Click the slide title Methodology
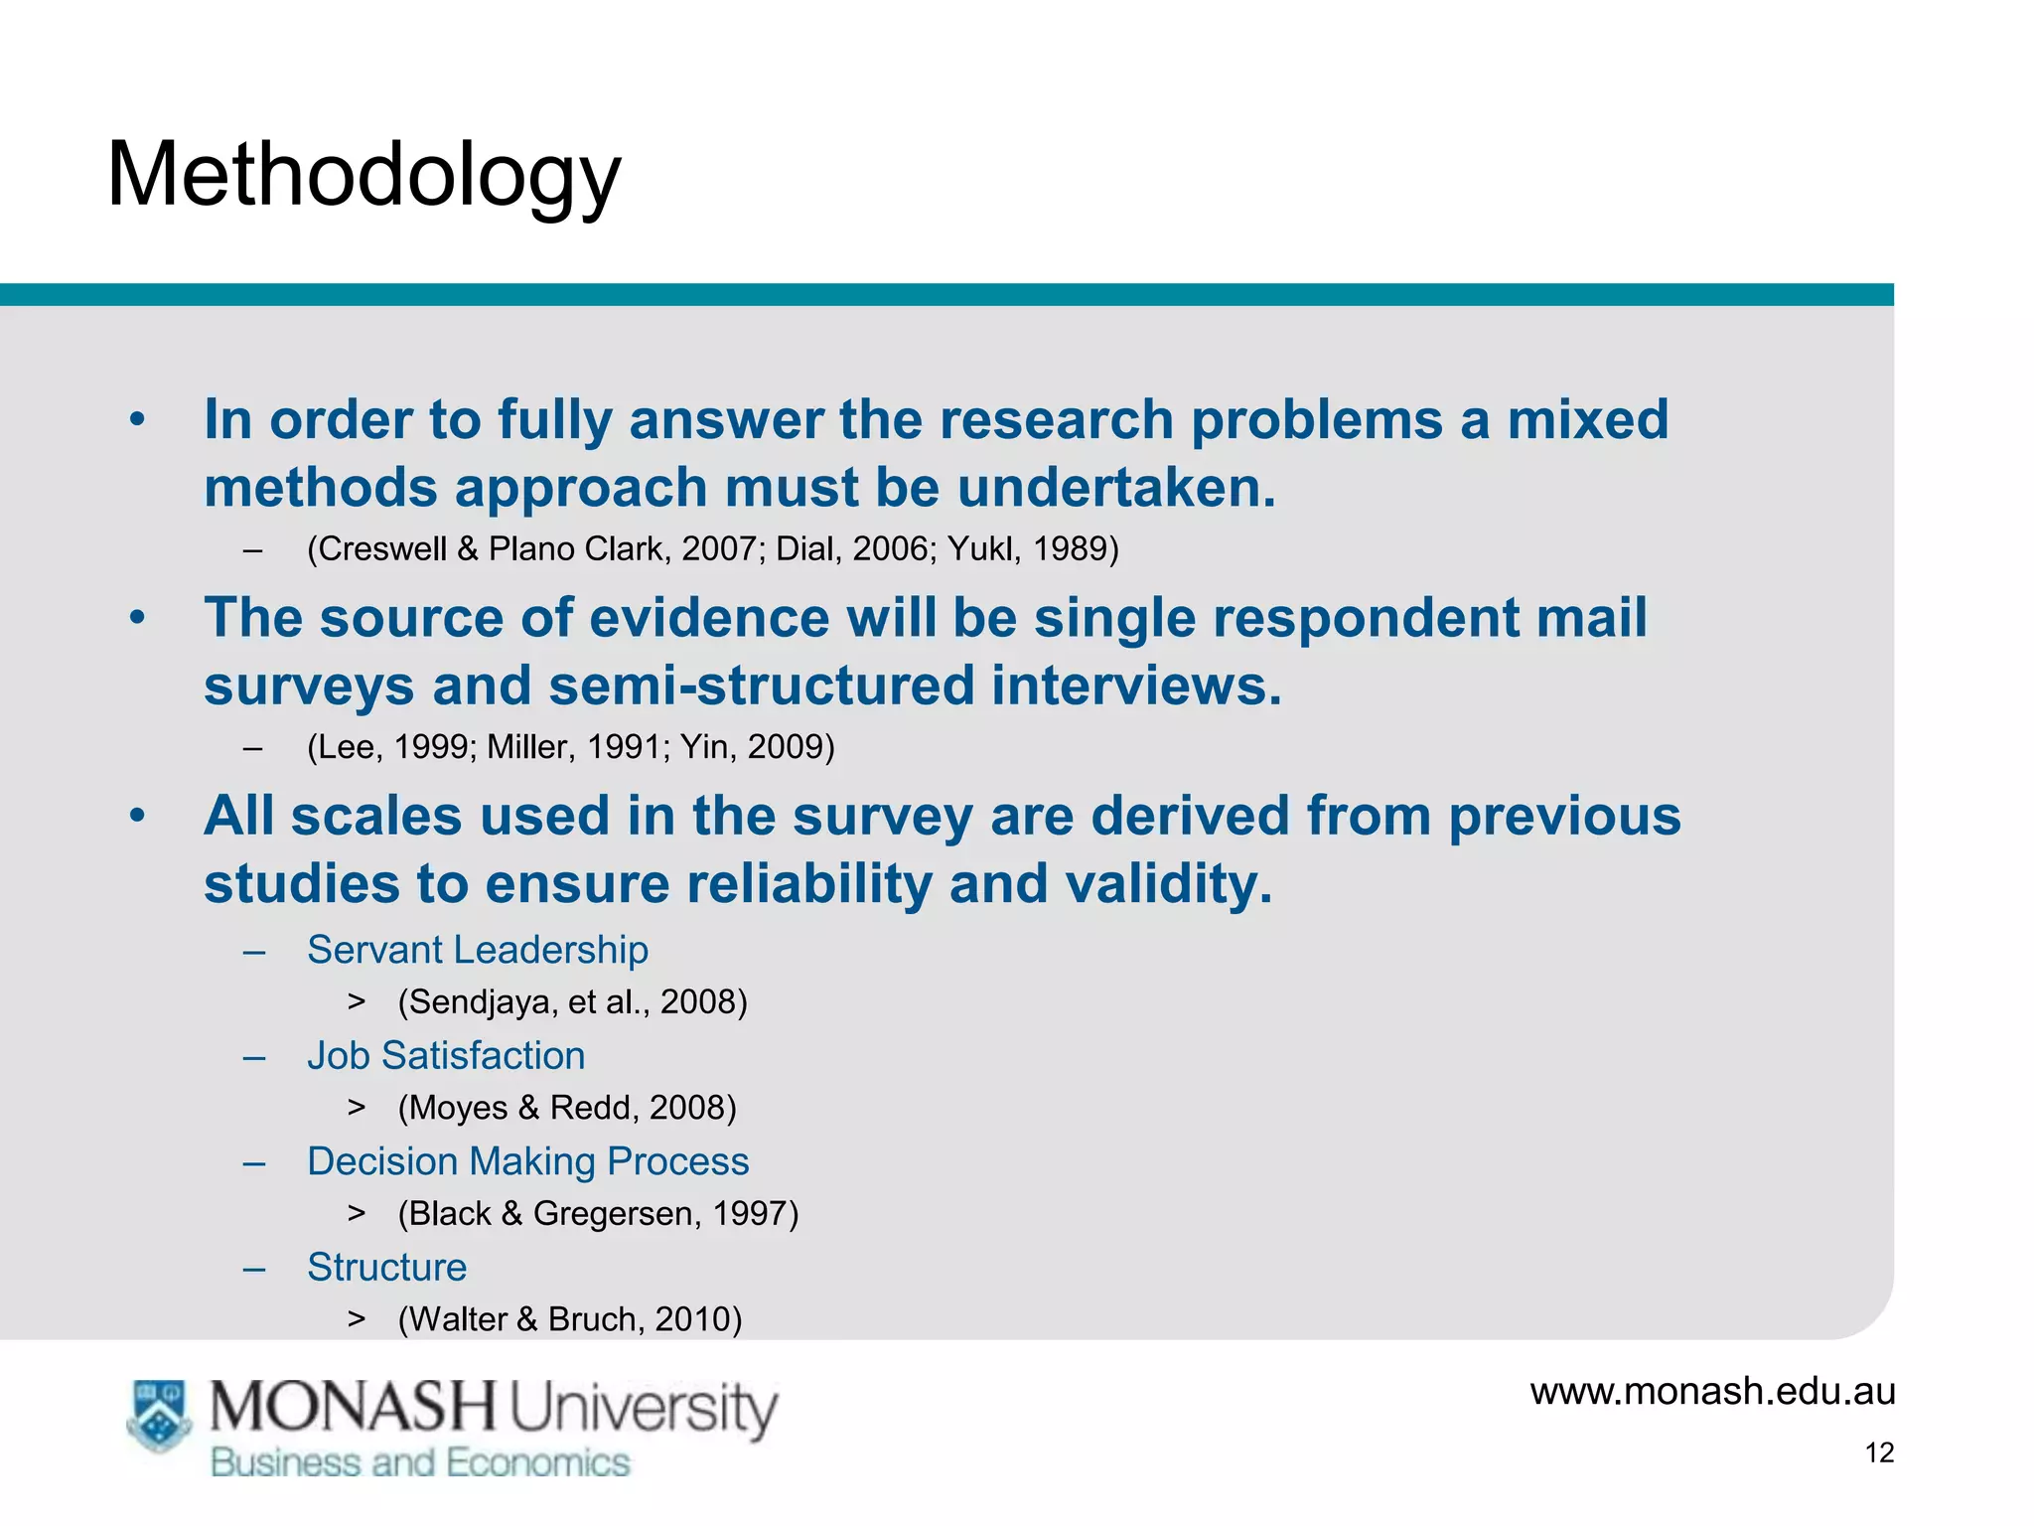(x=363, y=175)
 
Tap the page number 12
(x=1879, y=1452)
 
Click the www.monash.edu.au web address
(x=1712, y=1391)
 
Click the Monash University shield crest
(x=159, y=1415)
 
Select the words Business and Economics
(x=420, y=1462)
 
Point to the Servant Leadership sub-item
(x=478, y=950)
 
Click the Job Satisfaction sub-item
(x=446, y=1055)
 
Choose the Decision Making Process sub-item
(x=527, y=1161)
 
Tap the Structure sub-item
(x=386, y=1267)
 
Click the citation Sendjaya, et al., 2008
(x=572, y=1001)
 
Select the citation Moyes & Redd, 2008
(x=567, y=1107)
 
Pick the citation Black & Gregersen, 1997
(x=598, y=1213)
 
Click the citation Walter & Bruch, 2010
(x=570, y=1318)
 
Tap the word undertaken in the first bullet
(x=1116, y=488)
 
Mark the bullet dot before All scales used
(x=137, y=816)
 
